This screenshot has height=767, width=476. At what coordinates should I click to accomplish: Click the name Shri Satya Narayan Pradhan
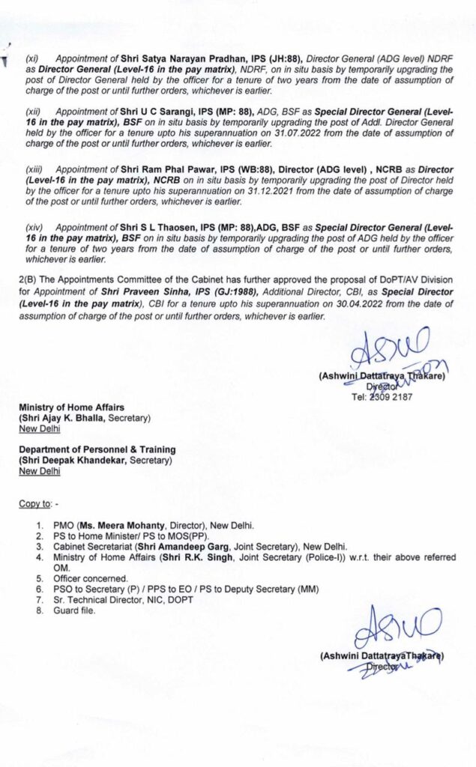tap(177, 58)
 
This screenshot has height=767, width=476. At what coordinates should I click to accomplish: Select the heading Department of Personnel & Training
tap(97, 449)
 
